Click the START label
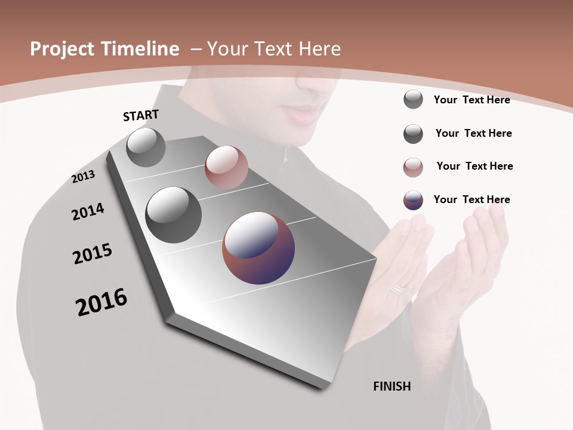[x=141, y=115]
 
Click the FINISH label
[x=392, y=386]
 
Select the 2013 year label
[x=84, y=177]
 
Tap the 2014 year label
[x=88, y=212]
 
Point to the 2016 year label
[x=101, y=302]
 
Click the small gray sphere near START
[x=146, y=147]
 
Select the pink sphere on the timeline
[x=226, y=167]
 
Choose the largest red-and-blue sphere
[x=258, y=248]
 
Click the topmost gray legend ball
[x=413, y=99]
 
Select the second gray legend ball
[x=413, y=134]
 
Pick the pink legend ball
[x=413, y=167]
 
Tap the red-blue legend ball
[x=413, y=200]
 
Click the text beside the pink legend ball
[x=475, y=166]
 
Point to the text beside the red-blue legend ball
[x=472, y=199]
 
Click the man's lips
[x=306, y=113]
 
